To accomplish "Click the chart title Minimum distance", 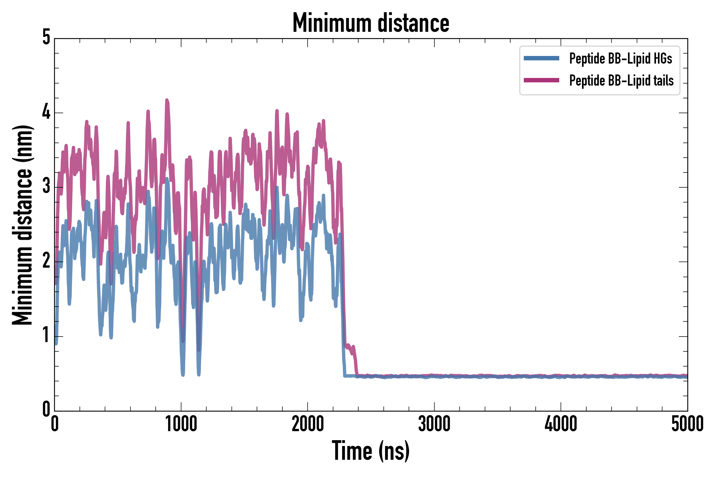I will click(x=370, y=23).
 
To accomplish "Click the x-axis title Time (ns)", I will click(x=370, y=450).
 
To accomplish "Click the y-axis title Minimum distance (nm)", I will click(x=22, y=225).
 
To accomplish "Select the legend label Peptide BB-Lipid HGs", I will click(x=621, y=58).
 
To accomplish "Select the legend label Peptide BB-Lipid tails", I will click(x=621, y=81).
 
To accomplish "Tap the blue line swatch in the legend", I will click(x=541, y=58).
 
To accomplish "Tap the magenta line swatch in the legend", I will click(x=541, y=80).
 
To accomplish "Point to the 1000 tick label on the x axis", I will click(x=181, y=424).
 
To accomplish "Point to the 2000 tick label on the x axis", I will click(x=307, y=424).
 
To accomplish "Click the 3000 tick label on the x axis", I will click(x=434, y=424).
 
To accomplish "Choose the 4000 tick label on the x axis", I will click(x=561, y=424).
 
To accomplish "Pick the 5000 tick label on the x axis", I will click(x=687, y=424).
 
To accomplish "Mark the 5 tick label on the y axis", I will click(x=46, y=37).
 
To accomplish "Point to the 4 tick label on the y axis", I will click(x=46, y=112).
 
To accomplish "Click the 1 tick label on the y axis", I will click(x=46, y=335).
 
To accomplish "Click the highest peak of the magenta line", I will click(x=167, y=100).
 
